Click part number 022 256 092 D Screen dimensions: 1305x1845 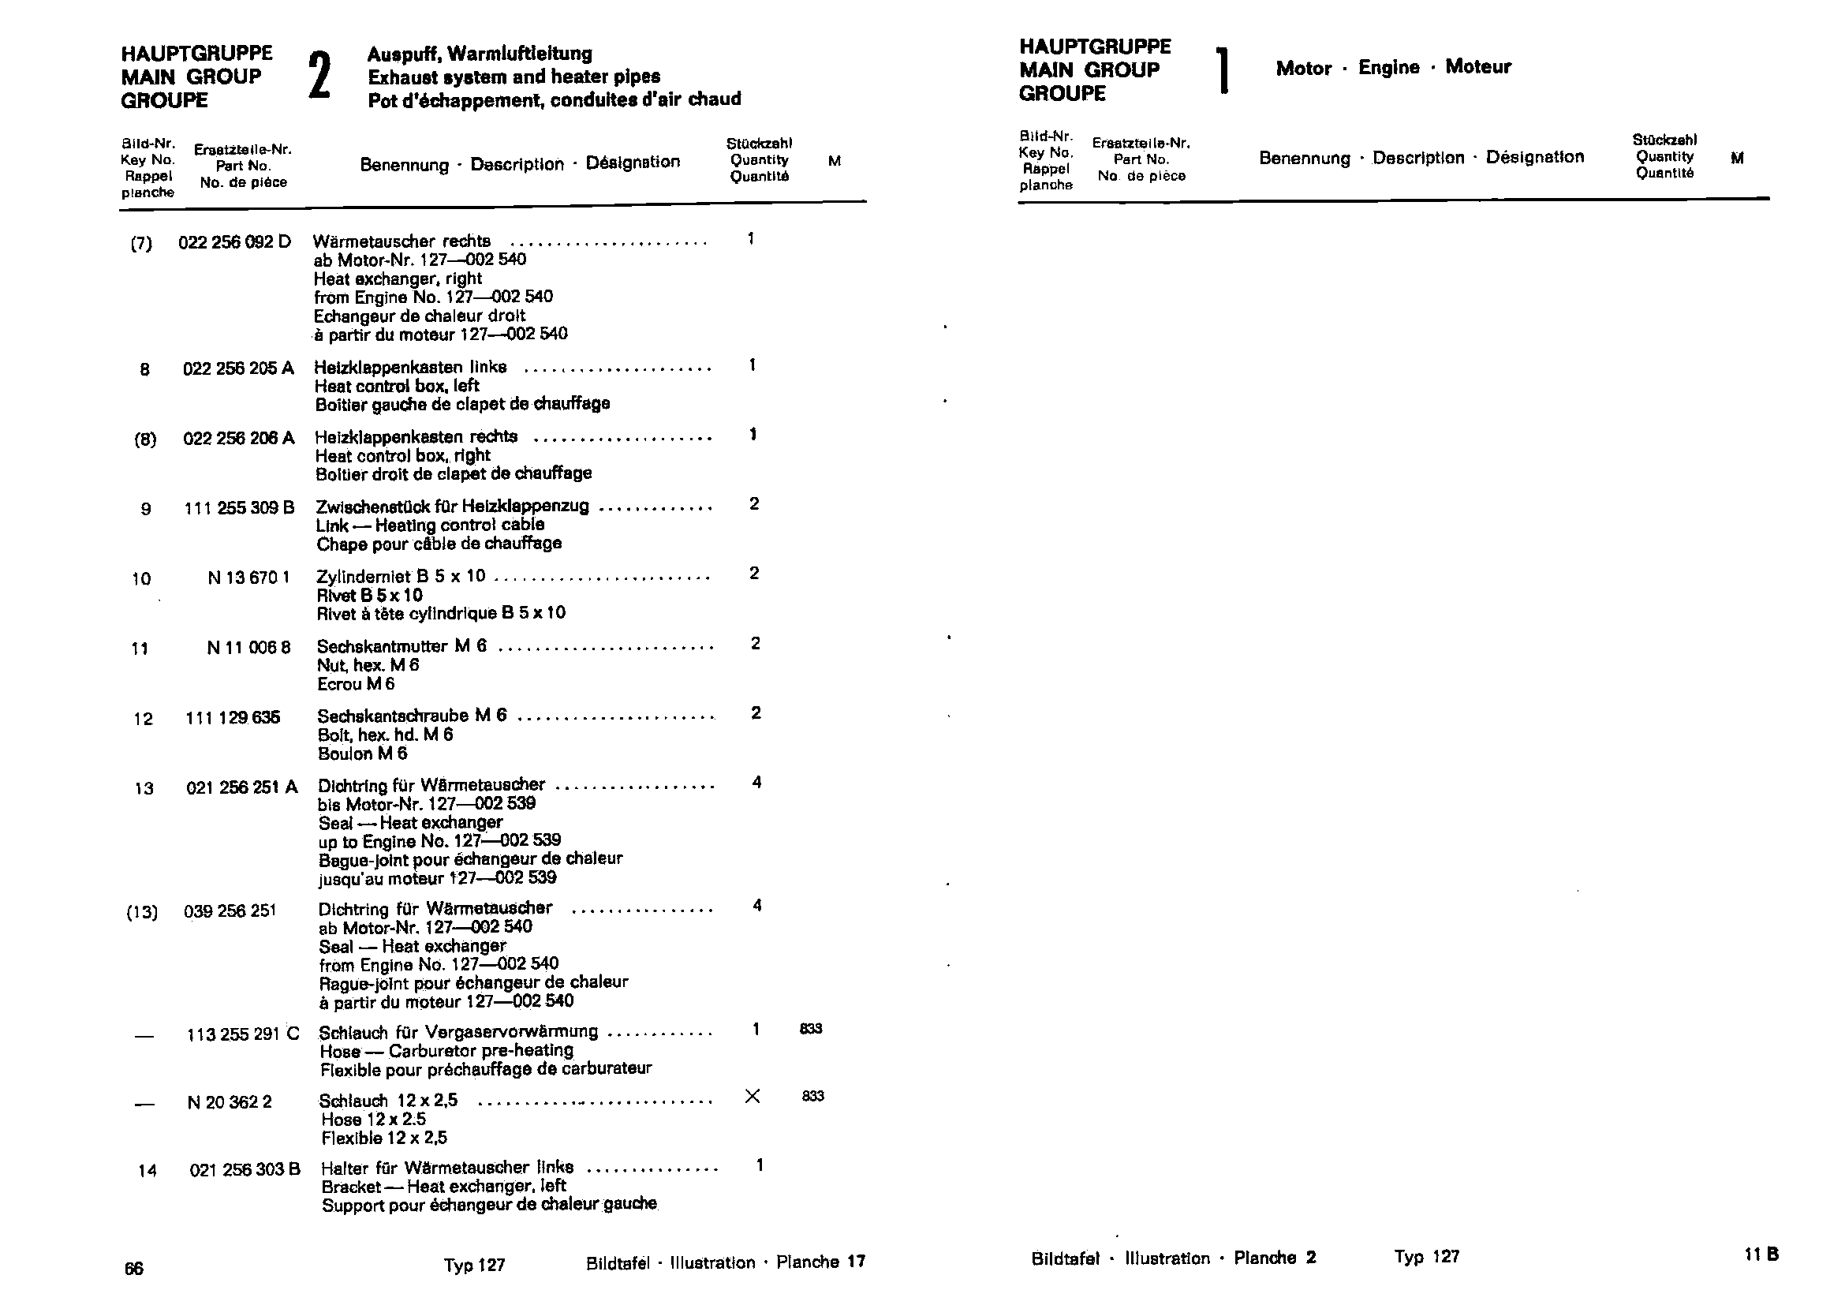click(234, 242)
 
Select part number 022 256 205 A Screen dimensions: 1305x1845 click(238, 368)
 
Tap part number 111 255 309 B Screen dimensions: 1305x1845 click(239, 509)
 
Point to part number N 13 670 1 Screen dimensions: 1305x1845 click(248, 578)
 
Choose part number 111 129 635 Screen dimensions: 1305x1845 click(232, 717)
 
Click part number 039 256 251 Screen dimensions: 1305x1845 click(230, 911)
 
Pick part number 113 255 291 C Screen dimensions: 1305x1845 click(243, 1034)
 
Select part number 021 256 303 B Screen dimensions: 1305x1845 click(245, 1170)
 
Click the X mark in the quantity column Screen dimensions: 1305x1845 click(753, 1096)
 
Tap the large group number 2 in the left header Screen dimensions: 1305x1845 click(319, 77)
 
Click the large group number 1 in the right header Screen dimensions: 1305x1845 click(1223, 71)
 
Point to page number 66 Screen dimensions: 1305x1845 click(133, 1269)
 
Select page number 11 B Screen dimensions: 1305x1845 click(1761, 1255)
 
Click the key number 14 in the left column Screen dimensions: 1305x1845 click(147, 1171)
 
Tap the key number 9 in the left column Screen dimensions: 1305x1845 click(145, 510)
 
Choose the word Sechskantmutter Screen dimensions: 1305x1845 click(382, 647)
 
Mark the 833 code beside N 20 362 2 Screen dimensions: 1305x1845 click(812, 1096)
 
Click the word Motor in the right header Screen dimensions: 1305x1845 click(1303, 69)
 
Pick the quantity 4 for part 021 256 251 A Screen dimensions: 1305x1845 click(756, 783)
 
